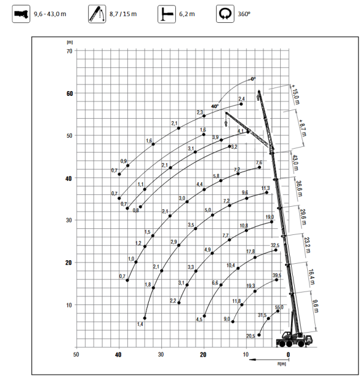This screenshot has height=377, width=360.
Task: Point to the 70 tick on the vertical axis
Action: [x=69, y=52]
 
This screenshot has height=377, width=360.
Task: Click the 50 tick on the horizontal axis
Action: [x=76, y=355]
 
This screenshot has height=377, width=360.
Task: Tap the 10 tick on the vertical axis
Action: [x=69, y=305]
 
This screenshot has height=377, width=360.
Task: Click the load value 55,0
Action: [x=278, y=307]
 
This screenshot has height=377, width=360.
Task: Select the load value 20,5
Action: [x=250, y=336]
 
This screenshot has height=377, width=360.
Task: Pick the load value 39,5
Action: [x=277, y=275]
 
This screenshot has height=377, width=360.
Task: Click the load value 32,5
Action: [x=275, y=245]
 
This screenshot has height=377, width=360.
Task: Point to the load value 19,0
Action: [x=269, y=217]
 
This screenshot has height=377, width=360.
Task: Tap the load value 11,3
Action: [x=265, y=188]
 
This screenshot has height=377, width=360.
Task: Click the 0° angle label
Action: [x=253, y=79]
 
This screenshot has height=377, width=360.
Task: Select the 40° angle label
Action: [x=214, y=106]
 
